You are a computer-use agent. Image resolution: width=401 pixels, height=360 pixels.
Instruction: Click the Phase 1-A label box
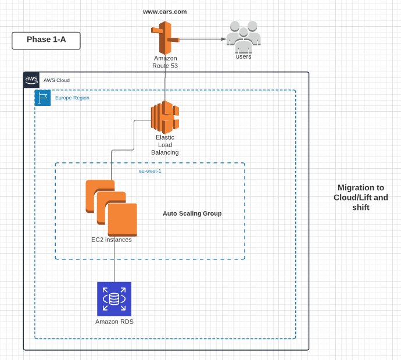coord(46,40)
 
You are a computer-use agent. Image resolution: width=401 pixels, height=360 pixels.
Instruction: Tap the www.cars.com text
coord(164,12)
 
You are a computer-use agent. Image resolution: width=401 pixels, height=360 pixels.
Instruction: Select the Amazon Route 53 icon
coord(165,38)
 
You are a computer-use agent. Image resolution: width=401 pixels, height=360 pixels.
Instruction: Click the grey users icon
coord(244,37)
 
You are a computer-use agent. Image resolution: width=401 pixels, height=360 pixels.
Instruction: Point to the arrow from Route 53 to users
coord(201,39)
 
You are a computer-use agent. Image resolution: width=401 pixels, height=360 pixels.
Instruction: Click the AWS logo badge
coord(31,80)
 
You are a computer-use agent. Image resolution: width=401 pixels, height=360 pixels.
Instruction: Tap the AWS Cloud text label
coord(56,80)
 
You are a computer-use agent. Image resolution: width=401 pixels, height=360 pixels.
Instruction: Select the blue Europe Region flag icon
coord(43,98)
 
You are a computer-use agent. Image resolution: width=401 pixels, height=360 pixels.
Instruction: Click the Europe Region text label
coord(72,98)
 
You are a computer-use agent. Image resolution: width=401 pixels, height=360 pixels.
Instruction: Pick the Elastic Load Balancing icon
coord(165,117)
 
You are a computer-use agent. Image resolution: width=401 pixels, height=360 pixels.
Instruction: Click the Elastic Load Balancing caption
coord(165,145)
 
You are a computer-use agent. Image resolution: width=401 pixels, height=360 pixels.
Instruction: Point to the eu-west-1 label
coord(150,171)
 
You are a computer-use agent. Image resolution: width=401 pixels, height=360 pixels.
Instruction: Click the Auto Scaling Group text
coord(192,213)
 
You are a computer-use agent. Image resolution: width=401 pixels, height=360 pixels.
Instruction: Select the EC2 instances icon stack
coord(112,207)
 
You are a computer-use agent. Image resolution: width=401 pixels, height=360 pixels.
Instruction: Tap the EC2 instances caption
coord(112,240)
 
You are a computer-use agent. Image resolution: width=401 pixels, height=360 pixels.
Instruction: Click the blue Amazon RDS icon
coord(114,299)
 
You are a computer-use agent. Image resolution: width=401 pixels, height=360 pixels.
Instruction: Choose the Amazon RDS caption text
coord(114,322)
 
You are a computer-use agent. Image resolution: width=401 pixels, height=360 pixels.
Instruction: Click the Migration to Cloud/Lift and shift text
coord(360,197)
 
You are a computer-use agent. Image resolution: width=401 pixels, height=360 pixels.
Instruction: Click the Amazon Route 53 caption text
coord(165,62)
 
